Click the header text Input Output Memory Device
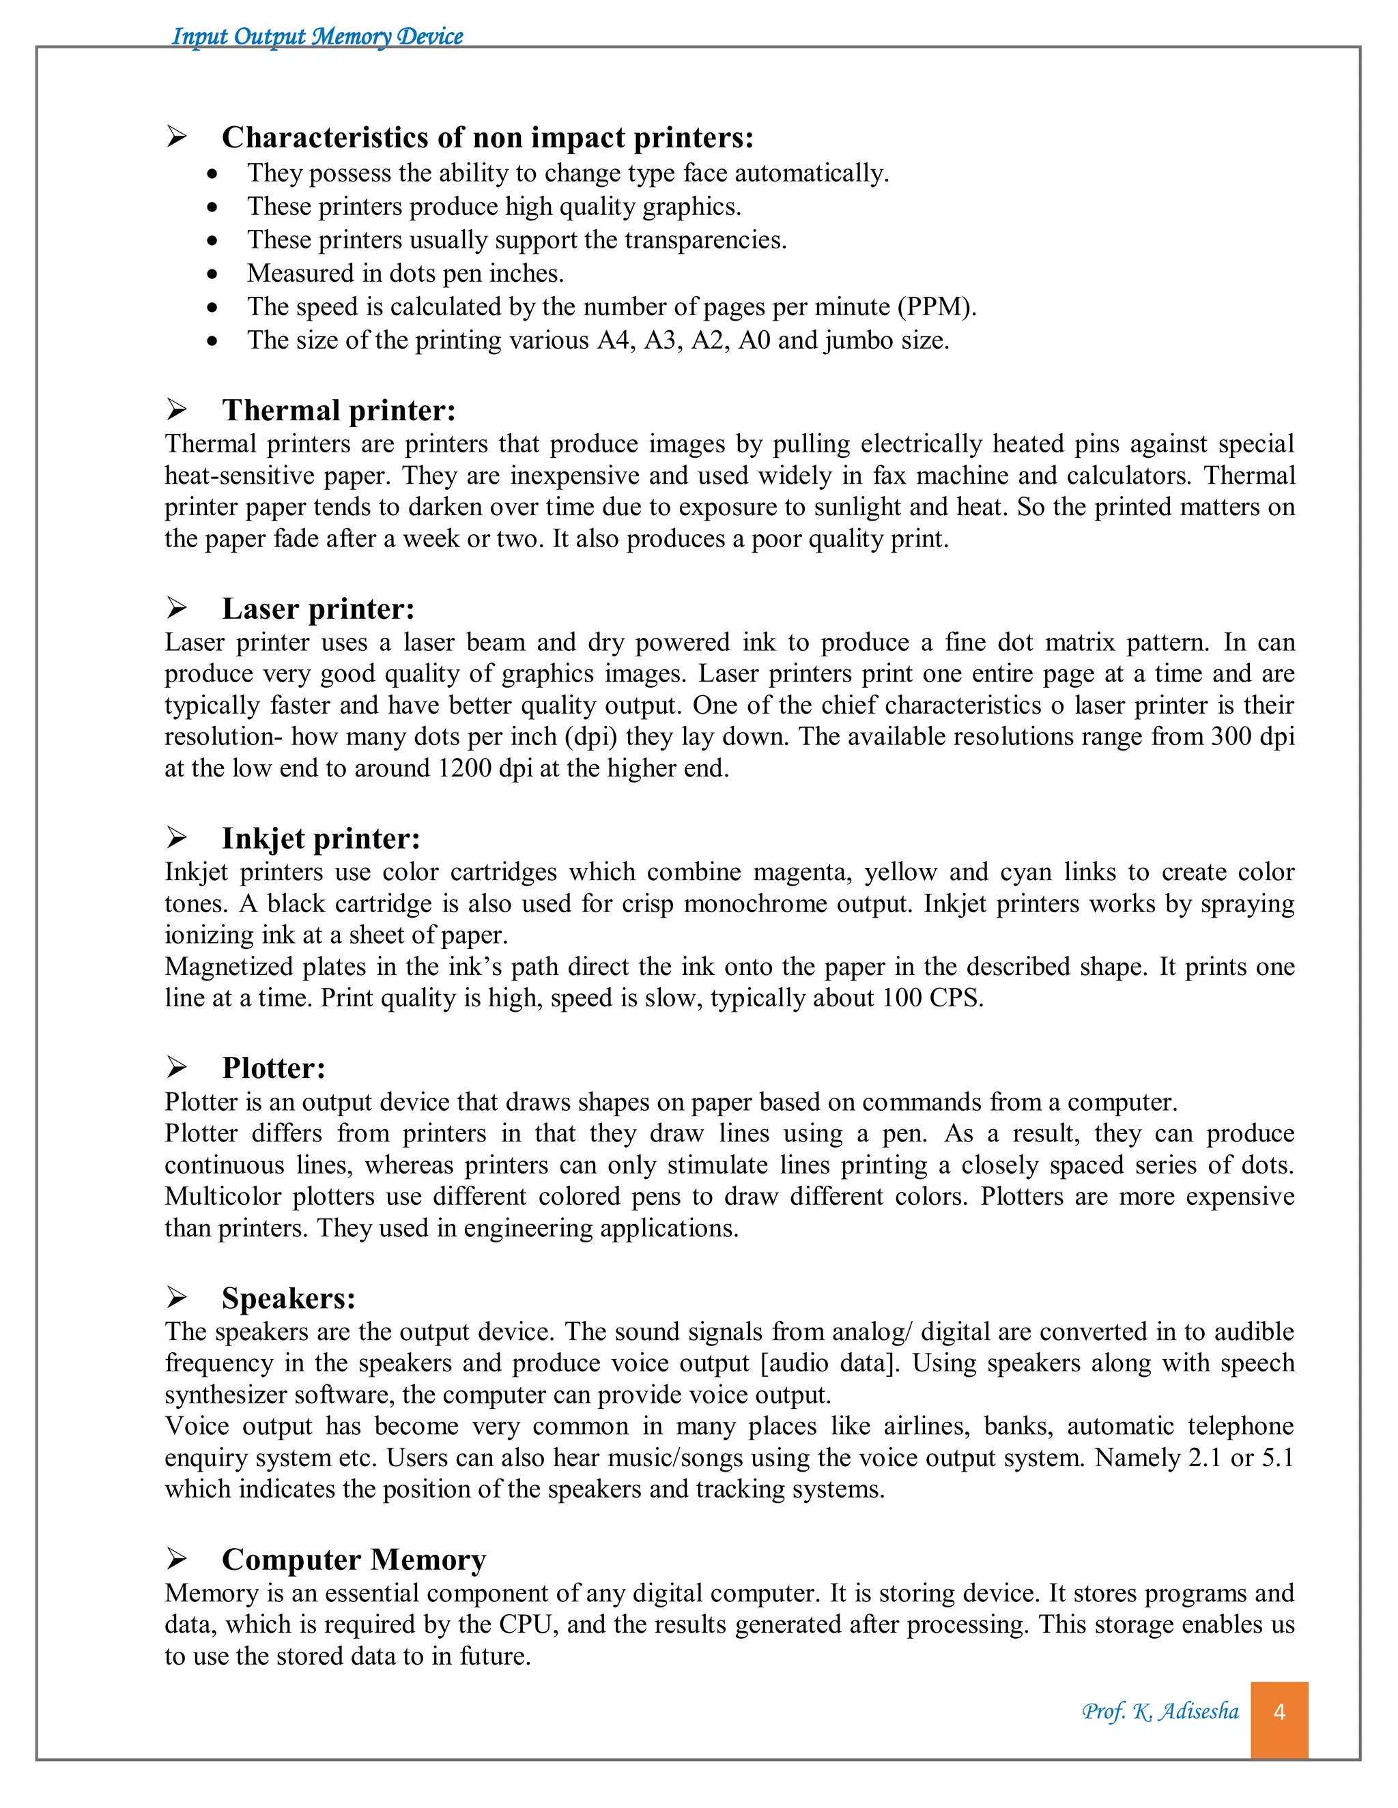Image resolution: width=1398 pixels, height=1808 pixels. [x=317, y=36]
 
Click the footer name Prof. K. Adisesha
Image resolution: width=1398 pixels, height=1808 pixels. [x=1160, y=1711]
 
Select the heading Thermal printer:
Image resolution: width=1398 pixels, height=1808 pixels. [x=339, y=411]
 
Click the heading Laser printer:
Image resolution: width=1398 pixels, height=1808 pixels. [x=318, y=609]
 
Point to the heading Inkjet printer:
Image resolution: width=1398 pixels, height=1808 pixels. [x=321, y=839]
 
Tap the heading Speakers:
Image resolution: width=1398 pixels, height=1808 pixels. [x=288, y=1298]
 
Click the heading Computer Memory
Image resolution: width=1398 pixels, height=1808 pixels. [x=354, y=1560]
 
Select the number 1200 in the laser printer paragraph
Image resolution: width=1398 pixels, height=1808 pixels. [x=465, y=768]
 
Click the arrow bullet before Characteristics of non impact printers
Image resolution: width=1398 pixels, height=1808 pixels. [x=176, y=136]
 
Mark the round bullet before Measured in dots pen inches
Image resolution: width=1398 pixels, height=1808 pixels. [x=213, y=274]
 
